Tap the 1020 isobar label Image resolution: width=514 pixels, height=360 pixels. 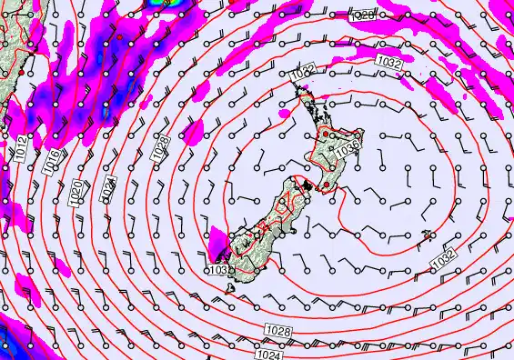(77, 188)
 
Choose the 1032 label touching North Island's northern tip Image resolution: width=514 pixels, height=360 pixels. (304, 70)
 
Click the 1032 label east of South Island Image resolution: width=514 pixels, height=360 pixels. (442, 259)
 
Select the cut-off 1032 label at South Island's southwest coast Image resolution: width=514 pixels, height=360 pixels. (218, 269)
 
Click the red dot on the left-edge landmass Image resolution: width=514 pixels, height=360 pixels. (20, 83)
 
